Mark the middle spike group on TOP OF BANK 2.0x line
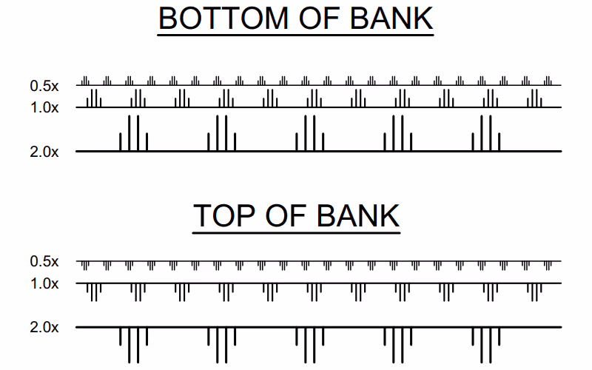[x=309, y=343]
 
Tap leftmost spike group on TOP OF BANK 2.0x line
[x=133, y=343]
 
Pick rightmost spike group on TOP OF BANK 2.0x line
[x=486, y=343]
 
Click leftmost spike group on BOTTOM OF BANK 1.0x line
[x=94, y=99]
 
